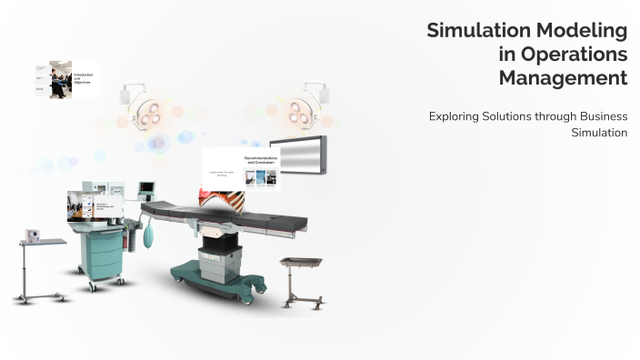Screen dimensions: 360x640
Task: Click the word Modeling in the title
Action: pos(586,31)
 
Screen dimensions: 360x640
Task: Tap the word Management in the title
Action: pos(563,78)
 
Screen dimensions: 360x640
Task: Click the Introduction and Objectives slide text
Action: pos(83,79)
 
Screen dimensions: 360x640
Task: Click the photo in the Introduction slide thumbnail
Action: pos(61,79)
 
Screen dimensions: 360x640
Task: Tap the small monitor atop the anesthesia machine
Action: pos(146,189)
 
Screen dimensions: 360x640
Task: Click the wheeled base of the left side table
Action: pos(41,296)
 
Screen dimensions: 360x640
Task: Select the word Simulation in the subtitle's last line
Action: pos(599,133)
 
